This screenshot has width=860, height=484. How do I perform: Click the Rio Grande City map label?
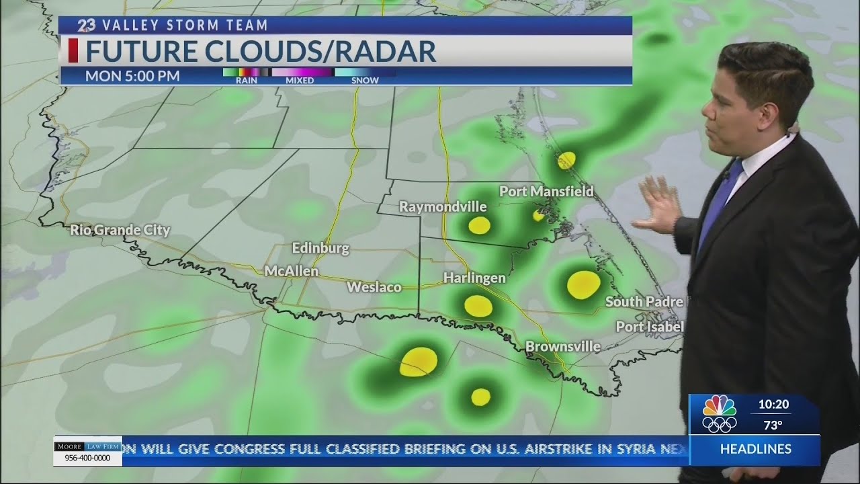point(120,231)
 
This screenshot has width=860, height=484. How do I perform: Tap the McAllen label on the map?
point(292,272)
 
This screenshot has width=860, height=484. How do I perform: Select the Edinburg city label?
point(320,248)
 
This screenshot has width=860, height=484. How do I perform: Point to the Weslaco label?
point(374,287)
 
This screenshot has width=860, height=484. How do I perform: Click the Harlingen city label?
point(474,277)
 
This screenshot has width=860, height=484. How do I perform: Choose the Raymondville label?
point(443,206)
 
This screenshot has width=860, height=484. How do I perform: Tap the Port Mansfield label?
point(546,192)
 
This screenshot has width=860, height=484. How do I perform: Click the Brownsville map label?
point(562,347)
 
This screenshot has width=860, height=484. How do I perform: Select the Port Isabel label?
point(650,327)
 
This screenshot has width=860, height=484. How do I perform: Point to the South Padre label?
point(644,302)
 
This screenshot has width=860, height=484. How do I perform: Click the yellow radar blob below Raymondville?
point(479,225)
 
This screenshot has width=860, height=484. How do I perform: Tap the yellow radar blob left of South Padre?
point(583,284)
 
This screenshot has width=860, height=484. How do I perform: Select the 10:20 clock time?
point(773,405)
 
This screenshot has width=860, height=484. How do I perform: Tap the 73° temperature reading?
point(773,425)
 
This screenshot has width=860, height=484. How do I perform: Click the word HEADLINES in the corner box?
point(756,449)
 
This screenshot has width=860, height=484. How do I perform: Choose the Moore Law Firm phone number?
point(88,458)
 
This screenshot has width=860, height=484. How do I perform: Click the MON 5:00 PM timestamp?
point(132,76)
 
